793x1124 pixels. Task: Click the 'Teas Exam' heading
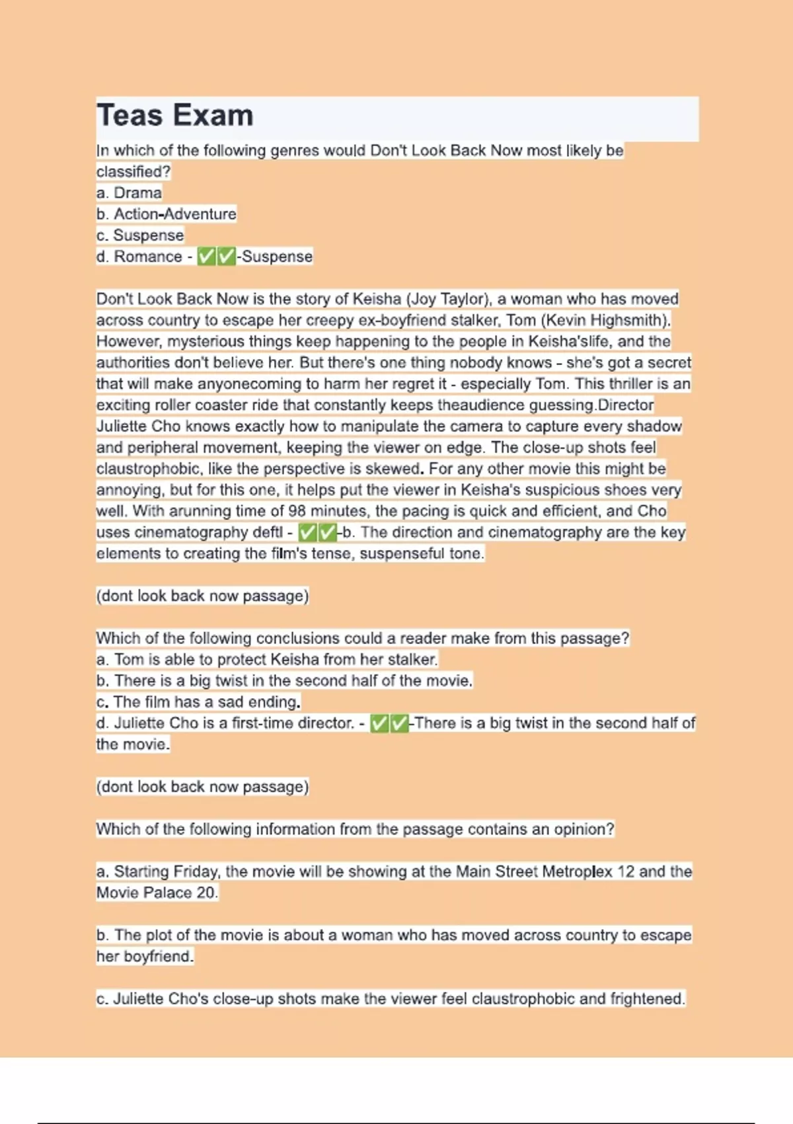[175, 116]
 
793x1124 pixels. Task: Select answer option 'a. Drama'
[130, 193]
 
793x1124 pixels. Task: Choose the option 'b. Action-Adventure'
[167, 214]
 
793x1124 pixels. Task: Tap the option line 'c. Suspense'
[140, 235]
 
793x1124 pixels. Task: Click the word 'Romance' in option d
[147, 257]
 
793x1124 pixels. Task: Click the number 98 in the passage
[297, 511]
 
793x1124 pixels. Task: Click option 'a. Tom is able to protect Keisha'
[267, 659]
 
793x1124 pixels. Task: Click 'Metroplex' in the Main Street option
[577, 871]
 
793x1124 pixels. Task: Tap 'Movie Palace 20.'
[157, 893]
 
